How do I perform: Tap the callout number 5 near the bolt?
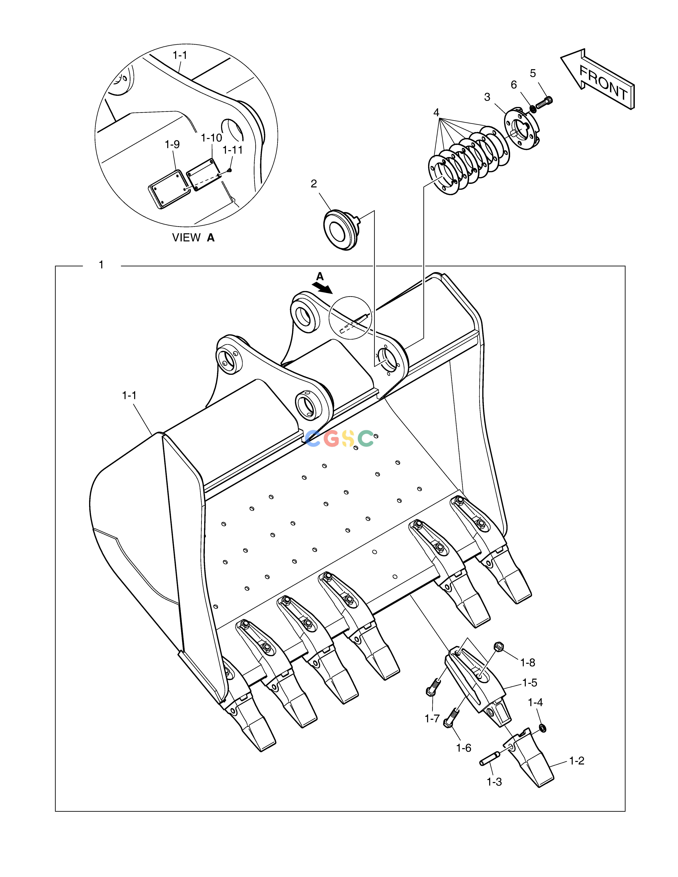coord(533,74)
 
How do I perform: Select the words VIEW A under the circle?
coord(193,238)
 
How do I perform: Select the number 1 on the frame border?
coord(101,265)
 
